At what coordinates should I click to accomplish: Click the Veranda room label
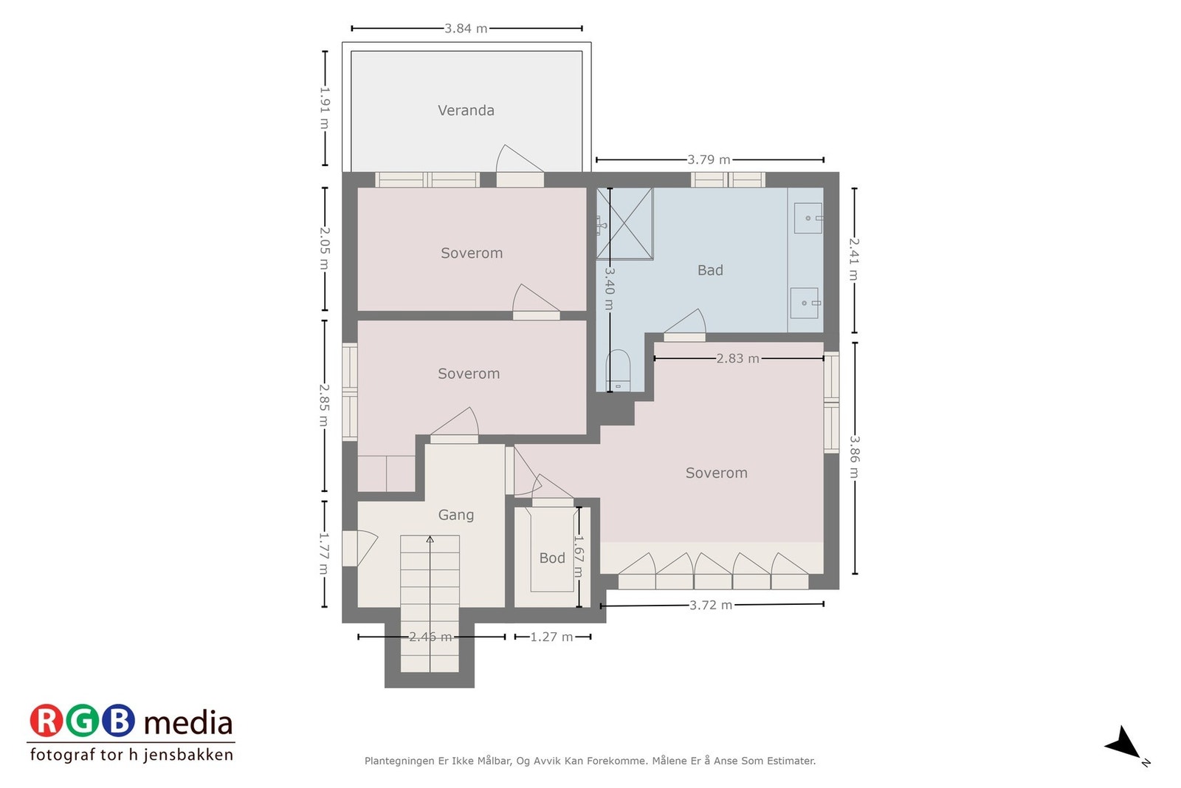[466, 110]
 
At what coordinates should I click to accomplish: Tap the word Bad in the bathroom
[710, 270]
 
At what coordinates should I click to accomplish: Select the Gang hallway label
[456, 515]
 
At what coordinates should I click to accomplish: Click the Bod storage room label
[552, 558]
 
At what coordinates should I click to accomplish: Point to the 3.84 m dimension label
[466, 29]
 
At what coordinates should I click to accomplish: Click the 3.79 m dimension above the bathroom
[709, 160]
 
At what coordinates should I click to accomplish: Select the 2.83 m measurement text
[737, 359]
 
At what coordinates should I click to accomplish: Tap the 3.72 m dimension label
[712, 605]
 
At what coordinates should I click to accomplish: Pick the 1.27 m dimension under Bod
[551, 637]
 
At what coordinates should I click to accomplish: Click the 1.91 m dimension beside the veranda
[324, 108]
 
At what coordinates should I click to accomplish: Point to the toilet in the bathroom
[618, 370]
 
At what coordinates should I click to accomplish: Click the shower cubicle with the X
[624, 224]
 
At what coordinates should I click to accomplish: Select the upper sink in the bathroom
[808, 218]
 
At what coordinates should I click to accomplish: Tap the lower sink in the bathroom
[805, 303]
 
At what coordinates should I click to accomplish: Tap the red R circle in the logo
[47, 720]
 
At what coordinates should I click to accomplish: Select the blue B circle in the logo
[118, 720]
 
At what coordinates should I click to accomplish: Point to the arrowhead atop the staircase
[430, 539]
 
